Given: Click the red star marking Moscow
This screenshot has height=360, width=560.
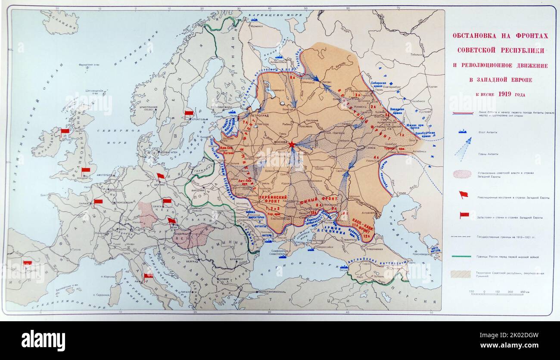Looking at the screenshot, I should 292,144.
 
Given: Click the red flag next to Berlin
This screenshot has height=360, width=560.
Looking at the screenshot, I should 160,176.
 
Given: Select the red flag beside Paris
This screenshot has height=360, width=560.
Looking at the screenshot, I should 98,202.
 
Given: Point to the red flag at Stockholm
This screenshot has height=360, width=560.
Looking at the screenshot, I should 189,114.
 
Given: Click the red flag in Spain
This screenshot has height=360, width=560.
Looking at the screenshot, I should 28,263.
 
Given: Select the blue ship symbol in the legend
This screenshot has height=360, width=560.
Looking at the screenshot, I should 463,131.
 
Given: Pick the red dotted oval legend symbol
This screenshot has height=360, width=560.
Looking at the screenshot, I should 463,174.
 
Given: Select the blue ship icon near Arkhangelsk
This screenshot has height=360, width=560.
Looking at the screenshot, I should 279,57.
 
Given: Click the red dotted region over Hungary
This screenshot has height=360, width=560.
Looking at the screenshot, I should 194,236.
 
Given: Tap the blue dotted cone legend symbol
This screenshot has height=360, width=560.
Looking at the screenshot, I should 463,149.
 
